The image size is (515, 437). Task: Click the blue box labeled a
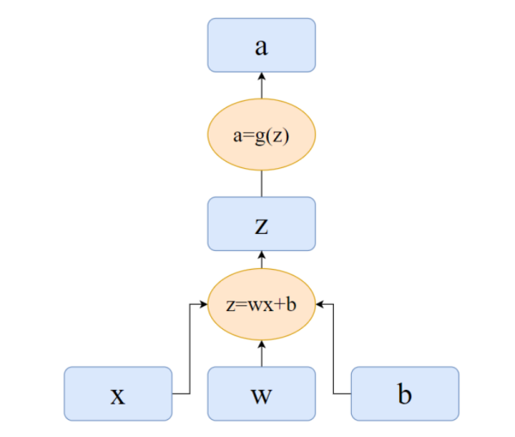(262, 45)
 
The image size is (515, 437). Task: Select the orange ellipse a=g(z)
(262, 135)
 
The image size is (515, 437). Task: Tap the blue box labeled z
(262, 224)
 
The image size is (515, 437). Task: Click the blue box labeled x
(118, 394)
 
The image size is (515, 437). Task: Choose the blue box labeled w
(262, 394)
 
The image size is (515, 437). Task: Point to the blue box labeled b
(404, 394)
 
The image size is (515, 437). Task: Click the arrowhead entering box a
(262, 77)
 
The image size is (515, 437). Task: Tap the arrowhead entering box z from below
(262, 255)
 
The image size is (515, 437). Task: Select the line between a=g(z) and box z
(262, 184)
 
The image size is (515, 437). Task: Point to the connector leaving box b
(334, 360)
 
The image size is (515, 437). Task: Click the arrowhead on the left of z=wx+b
(204, 303)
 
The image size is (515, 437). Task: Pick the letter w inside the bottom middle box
(262, 396)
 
